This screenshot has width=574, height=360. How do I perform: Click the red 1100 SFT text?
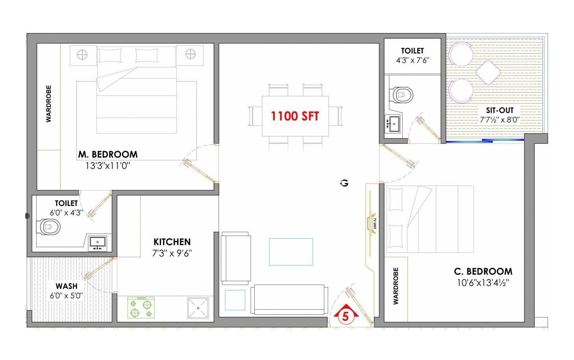point(295,116)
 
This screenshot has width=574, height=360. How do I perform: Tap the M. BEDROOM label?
point(108,154)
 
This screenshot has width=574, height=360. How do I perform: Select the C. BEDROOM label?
point(483,271)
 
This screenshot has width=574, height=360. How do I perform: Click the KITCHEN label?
point(172,242)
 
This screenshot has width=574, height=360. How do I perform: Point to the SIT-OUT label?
point(500,110)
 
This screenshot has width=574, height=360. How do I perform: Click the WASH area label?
point(67,286)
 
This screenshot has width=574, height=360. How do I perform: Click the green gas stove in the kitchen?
point(141,308)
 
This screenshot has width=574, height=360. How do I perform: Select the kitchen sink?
point(198,308)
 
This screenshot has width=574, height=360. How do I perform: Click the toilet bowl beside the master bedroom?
point(50,226)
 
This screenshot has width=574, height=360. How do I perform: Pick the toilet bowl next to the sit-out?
point(403,95)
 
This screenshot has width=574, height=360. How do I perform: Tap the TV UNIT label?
point(375,223)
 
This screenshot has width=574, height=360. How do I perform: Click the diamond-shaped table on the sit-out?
point(488,72)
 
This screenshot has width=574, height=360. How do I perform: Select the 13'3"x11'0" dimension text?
point(107,166)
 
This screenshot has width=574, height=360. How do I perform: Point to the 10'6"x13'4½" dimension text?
point(483,283)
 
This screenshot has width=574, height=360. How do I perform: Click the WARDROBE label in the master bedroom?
point(48,104)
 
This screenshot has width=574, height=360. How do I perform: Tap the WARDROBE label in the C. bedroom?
point(396,286)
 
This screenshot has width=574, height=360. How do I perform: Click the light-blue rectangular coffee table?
point(291,252)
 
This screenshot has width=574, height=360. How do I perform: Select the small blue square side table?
point(235,300)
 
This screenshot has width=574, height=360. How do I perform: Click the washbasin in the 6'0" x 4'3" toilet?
point(98,243)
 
